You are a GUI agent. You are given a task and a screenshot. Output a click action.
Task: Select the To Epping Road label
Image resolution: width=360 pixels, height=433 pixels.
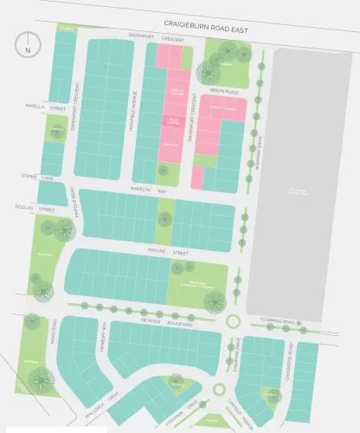pos(274,323)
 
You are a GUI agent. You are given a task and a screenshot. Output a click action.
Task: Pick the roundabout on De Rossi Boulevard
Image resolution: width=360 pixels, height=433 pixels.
pos(232,322)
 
